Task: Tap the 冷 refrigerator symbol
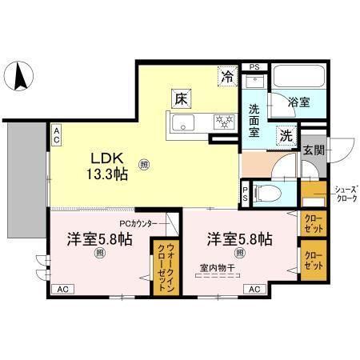tap(229, 78)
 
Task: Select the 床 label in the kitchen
tap(182, 101)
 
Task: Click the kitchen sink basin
tap(181, 123)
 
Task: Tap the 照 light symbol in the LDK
tap(144, 165)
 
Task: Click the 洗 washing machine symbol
tap(286, 135)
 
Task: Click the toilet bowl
tap(270, 193)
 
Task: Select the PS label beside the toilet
tap(245, 193)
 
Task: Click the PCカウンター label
tap(144, 223)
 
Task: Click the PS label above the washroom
tap(254, 67)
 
